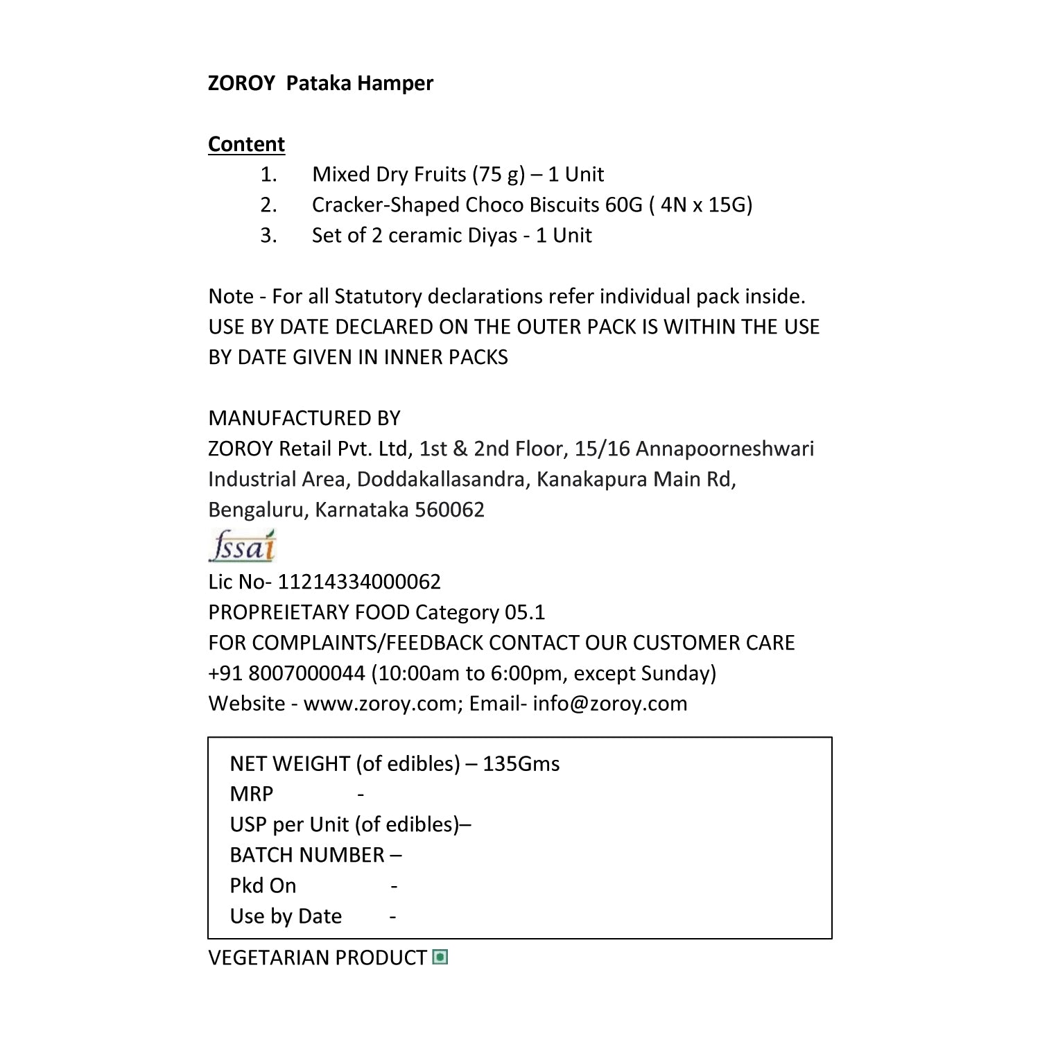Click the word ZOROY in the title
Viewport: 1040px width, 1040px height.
tap(241, 83)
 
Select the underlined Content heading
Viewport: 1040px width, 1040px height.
tap(246, 144)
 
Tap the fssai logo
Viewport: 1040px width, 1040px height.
tap(242, 546)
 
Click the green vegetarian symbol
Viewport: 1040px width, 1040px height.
tap(440, 957)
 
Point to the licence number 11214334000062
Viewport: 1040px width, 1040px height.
tap(359, 582)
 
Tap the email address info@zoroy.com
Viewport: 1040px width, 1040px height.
tap(610, 704)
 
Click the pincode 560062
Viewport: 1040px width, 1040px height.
tap(449, 510)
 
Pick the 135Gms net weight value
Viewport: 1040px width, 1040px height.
tap(521, 763)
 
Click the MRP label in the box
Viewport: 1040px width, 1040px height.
tap(251, 794)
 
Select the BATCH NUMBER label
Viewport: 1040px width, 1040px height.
tap(307, 855)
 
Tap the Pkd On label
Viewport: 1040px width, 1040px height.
tap(263, 885)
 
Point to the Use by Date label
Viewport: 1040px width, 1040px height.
tap(286, 916)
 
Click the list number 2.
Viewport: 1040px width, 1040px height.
tap(268, 205)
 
